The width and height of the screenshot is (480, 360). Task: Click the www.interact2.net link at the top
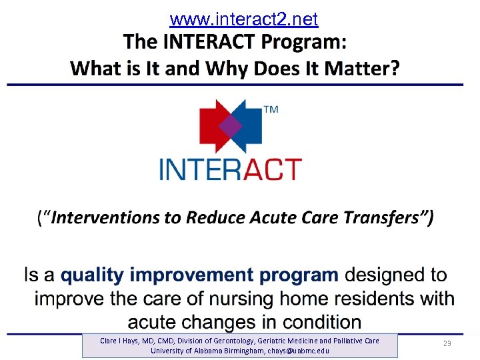point(244,19)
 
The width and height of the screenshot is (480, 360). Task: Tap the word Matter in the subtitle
point(357,67)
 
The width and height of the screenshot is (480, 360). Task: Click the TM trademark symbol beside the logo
point(271,110)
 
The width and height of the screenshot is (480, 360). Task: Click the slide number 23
point(447,343)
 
